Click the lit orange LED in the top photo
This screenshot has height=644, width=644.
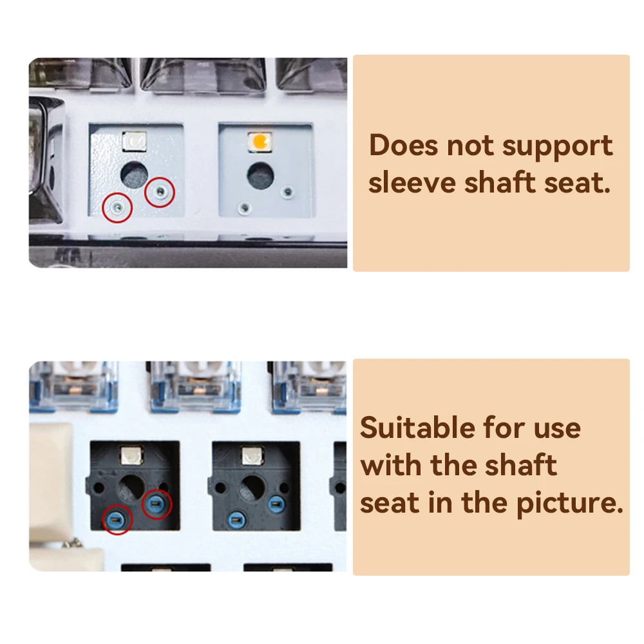tap(260, 142)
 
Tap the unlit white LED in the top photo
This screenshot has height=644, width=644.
tap(135, 142)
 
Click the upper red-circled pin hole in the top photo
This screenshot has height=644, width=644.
tap(160, 191)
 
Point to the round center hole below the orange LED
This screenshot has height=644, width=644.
tap(260, 175)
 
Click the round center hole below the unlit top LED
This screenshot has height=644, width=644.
tap(134, 174)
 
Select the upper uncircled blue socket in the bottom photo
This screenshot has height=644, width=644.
tap(276, 503)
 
